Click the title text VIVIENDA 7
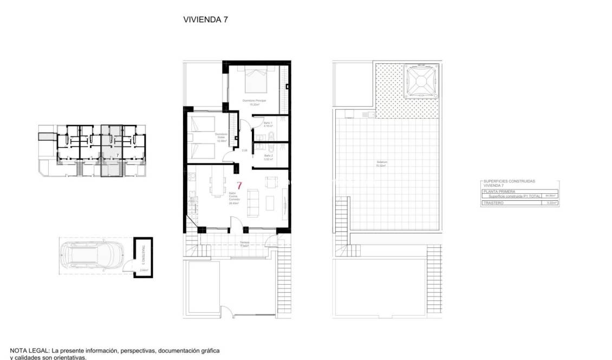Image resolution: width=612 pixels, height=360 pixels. [x=206, y=19]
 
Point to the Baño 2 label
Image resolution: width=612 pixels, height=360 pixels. [x=268, y=158]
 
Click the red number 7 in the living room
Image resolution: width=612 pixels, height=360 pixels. [x=239, y=185]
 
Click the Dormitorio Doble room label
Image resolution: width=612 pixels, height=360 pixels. [x=220, y=136]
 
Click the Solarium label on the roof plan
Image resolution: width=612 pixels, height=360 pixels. [x=381, y=163]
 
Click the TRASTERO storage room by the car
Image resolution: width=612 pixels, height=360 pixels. [x=143, y=258]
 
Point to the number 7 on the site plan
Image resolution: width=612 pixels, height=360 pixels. [x=118, y=155]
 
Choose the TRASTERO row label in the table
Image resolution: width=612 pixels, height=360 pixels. [x=493, y=203]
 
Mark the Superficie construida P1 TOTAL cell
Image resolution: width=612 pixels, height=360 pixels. [x=514, y=196]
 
